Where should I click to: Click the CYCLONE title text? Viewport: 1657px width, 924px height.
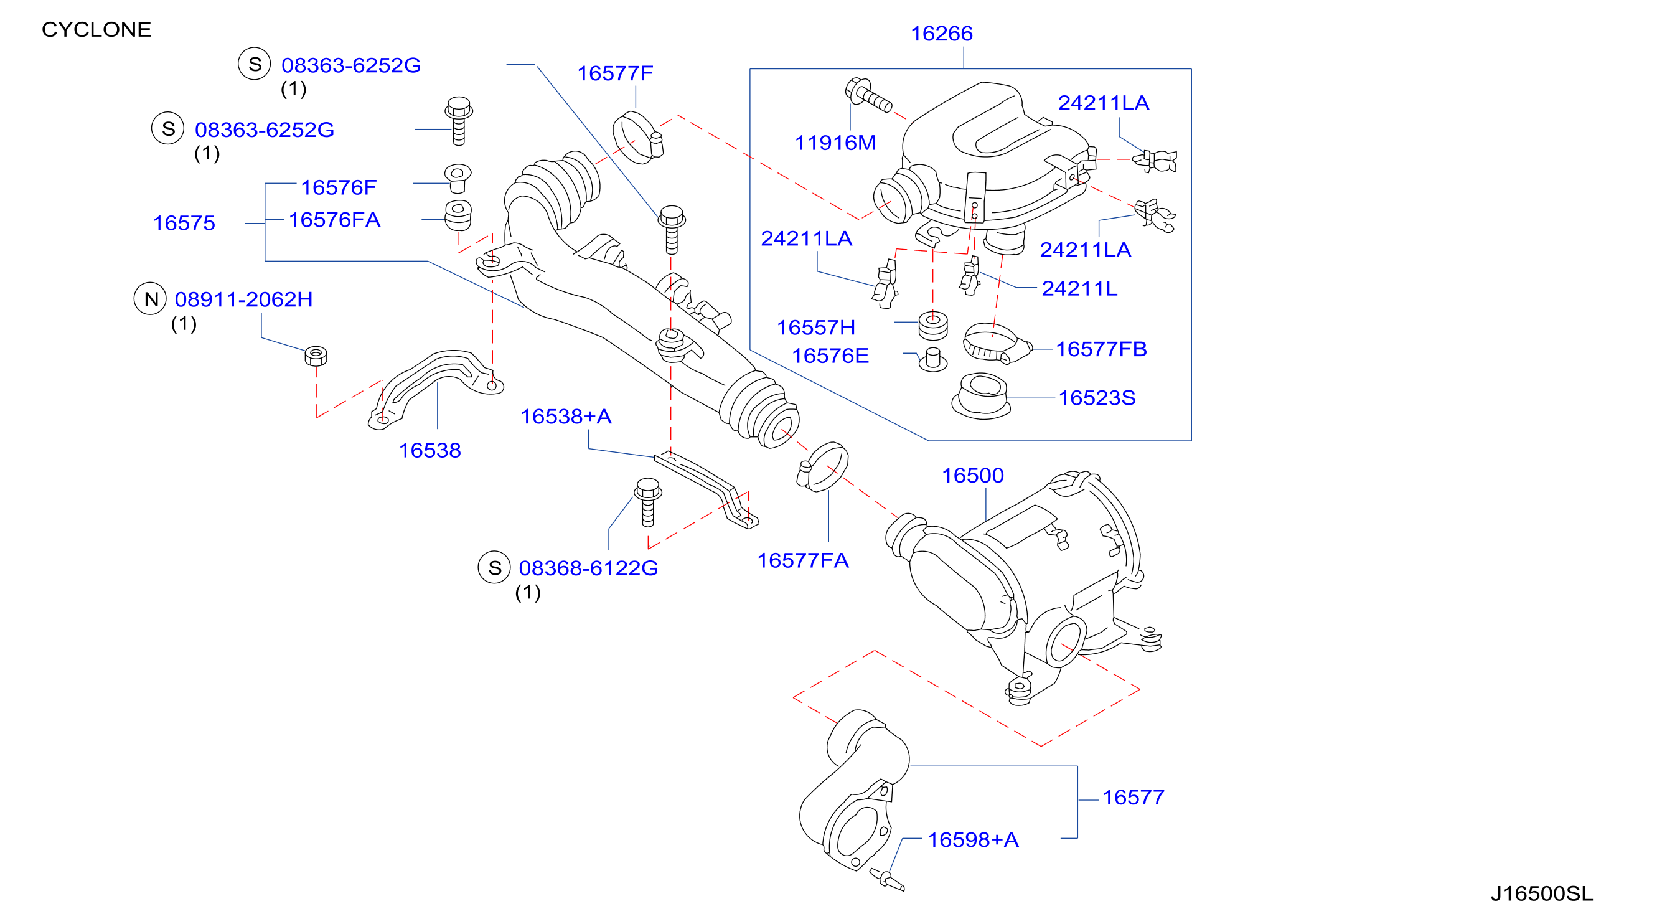tap(96, 30)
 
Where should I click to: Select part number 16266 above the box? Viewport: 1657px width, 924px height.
tap(941, 34)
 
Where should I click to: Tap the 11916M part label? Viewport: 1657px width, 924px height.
tap(835, 143)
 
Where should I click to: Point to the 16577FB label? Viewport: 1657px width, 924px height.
tap(1101, 349)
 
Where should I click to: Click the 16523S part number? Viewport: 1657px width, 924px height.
tap(1097, 398)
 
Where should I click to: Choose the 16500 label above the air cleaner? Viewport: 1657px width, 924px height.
tap(972, 476)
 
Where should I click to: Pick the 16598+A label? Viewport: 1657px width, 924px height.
tap(974, 840)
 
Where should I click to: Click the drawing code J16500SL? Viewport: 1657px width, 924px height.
tap(1541, 893)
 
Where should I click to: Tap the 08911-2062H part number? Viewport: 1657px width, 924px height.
tap(244, 300)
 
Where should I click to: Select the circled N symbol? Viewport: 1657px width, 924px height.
tap(151, 299)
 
